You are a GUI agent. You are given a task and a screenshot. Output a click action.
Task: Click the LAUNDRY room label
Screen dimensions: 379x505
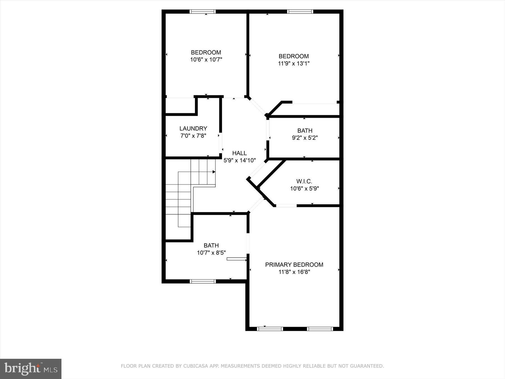tap(193, 129)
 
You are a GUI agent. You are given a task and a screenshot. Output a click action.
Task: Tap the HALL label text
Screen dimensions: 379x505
tap(239, 153)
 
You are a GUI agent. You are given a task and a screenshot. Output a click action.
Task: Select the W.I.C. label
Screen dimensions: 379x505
tap(304, 181)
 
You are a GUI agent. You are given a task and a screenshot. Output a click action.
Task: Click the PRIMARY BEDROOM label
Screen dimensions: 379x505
tap(294, 265)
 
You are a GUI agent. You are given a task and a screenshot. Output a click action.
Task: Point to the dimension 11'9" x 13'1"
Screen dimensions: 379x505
tap(293, 63)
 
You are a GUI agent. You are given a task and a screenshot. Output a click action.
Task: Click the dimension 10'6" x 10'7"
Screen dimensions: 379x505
tap(206, 60)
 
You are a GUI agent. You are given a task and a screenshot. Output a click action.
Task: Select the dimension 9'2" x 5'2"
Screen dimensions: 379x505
tap(305, 138)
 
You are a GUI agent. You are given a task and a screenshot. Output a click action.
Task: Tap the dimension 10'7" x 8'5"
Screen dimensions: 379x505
tap(211, 253)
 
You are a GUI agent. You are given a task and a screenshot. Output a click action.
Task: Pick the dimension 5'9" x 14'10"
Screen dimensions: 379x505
tap(239, 161)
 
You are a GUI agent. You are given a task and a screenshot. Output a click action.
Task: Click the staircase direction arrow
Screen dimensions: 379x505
tap(214, 172)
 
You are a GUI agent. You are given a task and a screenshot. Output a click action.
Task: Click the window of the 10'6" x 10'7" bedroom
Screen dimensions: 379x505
tap(203, 12)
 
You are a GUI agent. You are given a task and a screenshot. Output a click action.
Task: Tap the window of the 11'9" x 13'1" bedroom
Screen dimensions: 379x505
tap(300, 12)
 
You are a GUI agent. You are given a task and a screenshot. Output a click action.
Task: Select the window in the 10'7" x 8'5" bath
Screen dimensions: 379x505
tap(203, 281)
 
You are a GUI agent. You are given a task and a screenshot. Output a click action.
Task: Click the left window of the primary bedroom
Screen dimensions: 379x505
tap(270, 329)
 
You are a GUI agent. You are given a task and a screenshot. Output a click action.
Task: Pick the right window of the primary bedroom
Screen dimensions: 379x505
tap(320, 329)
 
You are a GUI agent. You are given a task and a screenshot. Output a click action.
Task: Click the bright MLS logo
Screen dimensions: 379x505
tap(31, 369)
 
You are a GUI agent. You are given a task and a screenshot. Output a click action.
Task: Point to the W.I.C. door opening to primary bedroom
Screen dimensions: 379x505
tap(286, 206)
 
